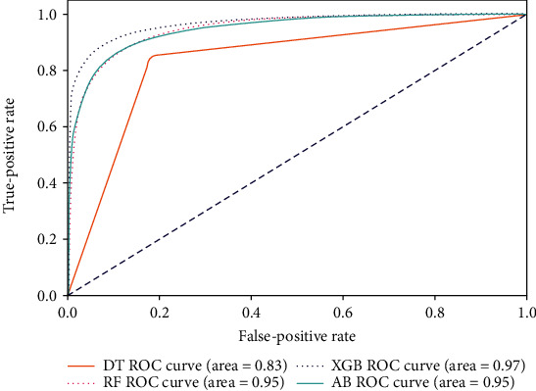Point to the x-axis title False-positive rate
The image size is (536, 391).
(x=297, y=331)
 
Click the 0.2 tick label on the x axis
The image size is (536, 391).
(x=159, y=311)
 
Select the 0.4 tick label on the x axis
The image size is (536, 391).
(x=251, y=311)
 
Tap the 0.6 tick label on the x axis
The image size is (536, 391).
(x=343, y=311)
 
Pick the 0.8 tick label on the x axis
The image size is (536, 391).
(x=434, y=311)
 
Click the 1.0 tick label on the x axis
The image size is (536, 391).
(x=525, y=311)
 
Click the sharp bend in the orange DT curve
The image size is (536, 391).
(x=150, y=58)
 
